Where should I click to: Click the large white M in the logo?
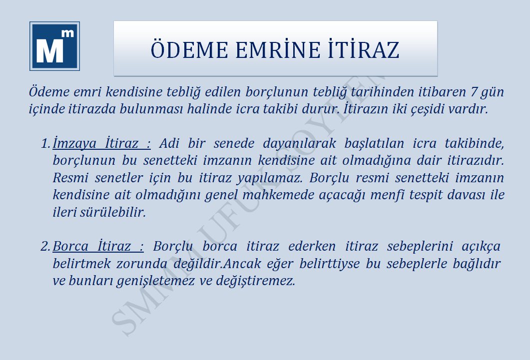50,50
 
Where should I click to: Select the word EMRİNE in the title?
278,49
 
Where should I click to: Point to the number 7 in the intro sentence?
474,91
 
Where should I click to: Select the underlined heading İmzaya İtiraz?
101,143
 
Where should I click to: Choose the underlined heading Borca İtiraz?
98,246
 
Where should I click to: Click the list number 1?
45,143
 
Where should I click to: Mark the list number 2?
45,246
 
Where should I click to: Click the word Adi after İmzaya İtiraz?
169,143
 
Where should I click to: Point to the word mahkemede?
278,195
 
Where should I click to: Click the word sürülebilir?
113,212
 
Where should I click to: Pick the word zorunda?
142,264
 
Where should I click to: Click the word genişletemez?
155,281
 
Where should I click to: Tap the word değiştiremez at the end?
256,281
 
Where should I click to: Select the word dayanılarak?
300,143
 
